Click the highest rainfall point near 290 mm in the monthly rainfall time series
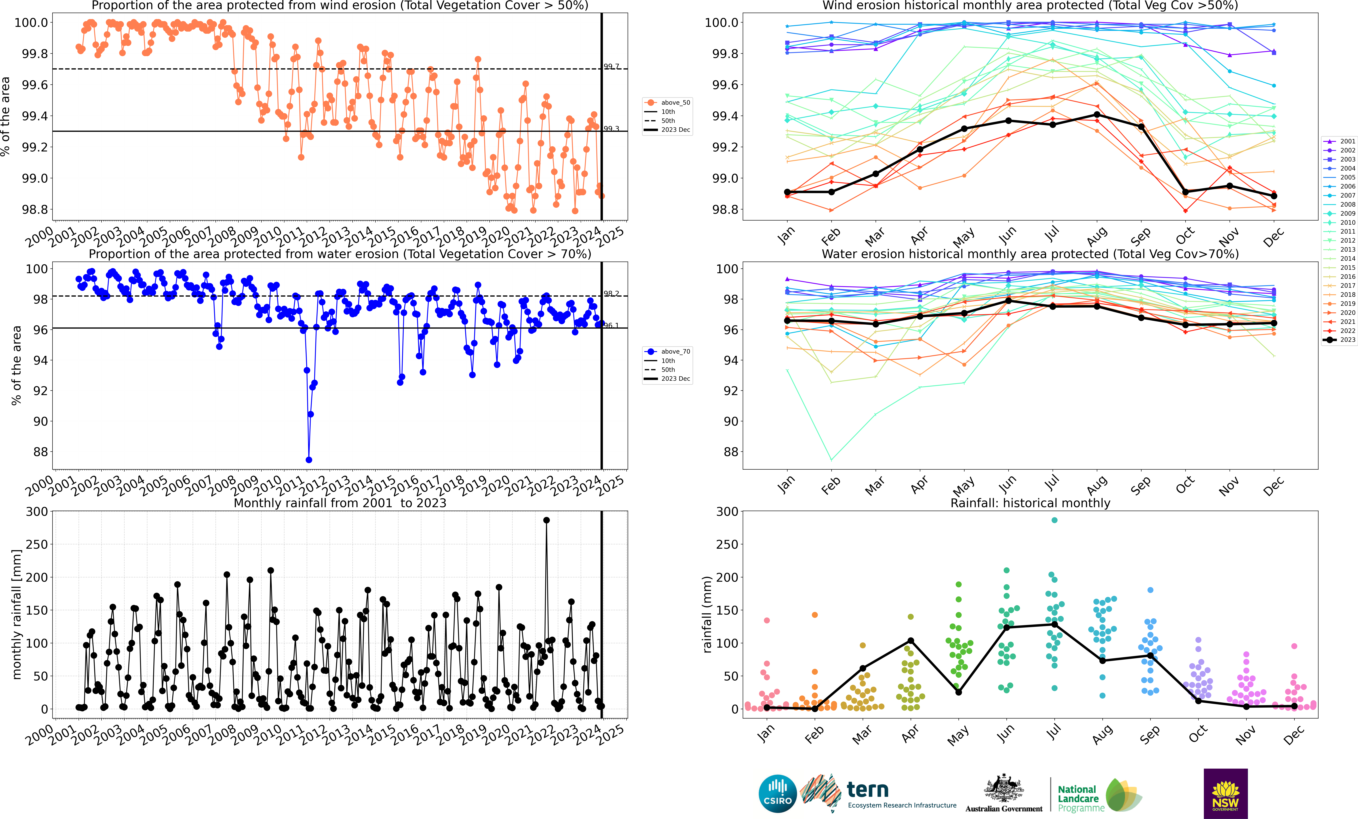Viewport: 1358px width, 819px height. pos(546,520)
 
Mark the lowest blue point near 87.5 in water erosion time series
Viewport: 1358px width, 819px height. pos(309,460)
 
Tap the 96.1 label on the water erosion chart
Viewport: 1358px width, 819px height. pos(611,325)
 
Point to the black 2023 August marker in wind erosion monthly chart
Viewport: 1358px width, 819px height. pos(1097,115)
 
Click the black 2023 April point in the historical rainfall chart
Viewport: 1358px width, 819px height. pos(911,641)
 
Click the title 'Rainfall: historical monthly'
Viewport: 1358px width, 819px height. pos(1030,503)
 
